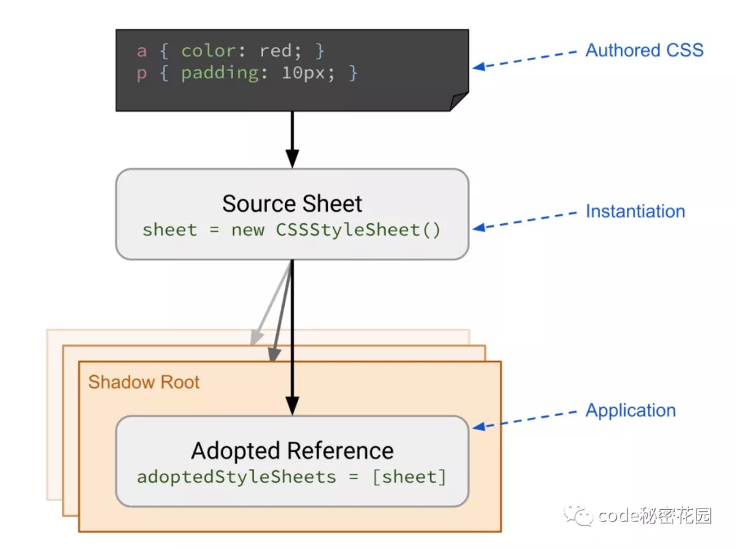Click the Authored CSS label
pyautogui.click(x=644, y=50)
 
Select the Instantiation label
pyautogui.click(x=635, y=211)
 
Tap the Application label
pyautogui.click(x=630, y=410)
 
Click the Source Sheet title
pyautogui.click(x=292, y=204)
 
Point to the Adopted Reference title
pyautogui.click(x=292, y=451)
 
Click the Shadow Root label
pyautogui.click(x=144, y=382)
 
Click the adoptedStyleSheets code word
pyautogui.click(x=236, y=477)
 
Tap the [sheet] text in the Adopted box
pyautogui.click(x=409, y=477)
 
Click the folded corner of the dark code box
pyautogui.click(x=459, y=101)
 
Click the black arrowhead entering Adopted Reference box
pyautogui.click(x=292, y=406)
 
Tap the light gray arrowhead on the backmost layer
pyautogui.click(x=256, y=337)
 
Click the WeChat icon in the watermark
pyautogui.click(x=583, y=516)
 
